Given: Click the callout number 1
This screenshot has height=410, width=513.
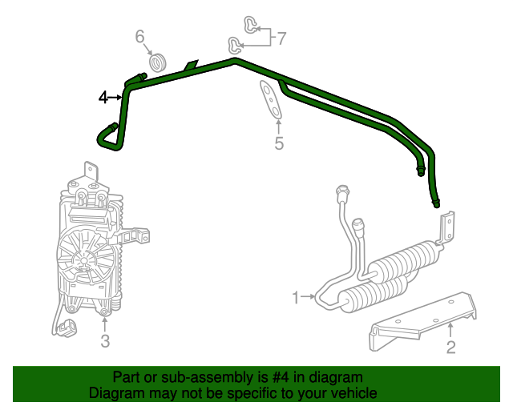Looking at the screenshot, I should [x=295, y=298].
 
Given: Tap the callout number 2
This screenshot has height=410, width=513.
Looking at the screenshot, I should [x=450, y=346].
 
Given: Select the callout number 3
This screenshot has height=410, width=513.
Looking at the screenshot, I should [x=105, y=342].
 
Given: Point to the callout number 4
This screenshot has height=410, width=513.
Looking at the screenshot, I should [x=103, y=98].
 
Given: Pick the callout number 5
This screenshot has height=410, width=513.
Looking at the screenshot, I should [x=279, y=143].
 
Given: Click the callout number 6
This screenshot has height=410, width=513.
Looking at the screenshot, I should [x=139, y=36].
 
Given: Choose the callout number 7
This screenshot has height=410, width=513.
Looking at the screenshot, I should [x=281, y=37].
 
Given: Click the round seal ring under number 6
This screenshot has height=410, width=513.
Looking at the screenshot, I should [x=158, y=62].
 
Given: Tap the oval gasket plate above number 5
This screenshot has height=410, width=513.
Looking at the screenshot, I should [x=271, y=100].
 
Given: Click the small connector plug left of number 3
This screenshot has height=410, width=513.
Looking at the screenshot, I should [x=67, y=327].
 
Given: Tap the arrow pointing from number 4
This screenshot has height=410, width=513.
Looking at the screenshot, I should [x=118, y=98].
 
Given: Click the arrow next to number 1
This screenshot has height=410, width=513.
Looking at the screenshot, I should [x=309, y=298].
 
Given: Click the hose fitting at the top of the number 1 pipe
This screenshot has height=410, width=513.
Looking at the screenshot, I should [x=343, y=193].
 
